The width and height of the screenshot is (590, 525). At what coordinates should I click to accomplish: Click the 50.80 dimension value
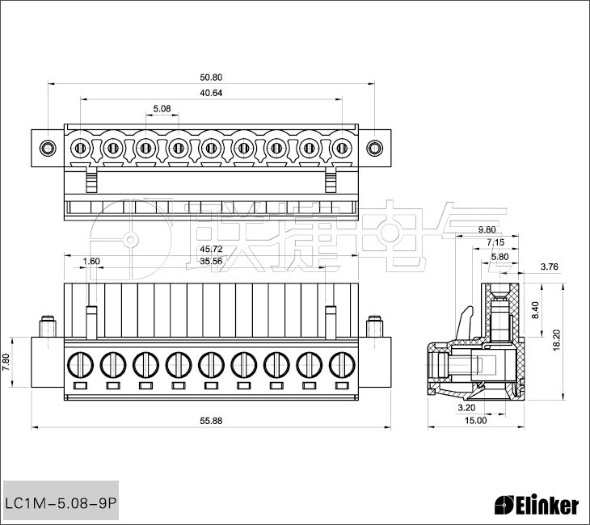(x=211, y=78)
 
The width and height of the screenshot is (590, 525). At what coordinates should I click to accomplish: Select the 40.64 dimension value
(x=211, y=93)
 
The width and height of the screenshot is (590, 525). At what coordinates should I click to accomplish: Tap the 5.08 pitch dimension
(x=162, y=109)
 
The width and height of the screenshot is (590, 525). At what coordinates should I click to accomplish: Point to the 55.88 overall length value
(x=211, y=421)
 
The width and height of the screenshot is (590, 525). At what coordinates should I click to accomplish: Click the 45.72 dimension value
(x=211, y=249)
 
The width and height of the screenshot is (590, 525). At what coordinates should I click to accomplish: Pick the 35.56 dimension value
(x=211, y=261)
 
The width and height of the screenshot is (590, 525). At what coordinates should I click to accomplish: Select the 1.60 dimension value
(x=91, y=261)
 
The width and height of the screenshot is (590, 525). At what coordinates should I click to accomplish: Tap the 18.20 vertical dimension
(x=557, y=340)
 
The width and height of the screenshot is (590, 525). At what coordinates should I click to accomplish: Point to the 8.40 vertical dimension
(x=535, y=310)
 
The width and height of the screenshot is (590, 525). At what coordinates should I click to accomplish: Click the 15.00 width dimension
(x=475, y=421)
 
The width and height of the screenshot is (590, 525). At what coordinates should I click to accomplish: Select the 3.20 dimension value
(x=466, y=408)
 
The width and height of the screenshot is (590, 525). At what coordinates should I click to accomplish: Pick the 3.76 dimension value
(x=550, y=267)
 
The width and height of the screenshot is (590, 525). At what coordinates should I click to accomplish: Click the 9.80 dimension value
(x=487, y=229)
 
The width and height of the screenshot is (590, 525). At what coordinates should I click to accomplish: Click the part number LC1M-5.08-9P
(x=61, y=503)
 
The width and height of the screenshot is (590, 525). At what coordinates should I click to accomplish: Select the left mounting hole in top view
(x=48, y=148)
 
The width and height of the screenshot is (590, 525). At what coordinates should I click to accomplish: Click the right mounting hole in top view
(x=374, y=148)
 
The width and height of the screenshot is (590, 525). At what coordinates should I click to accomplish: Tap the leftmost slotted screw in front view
(x=80, y=365)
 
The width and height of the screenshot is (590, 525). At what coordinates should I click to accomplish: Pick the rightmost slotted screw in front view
(x=342, y=365)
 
